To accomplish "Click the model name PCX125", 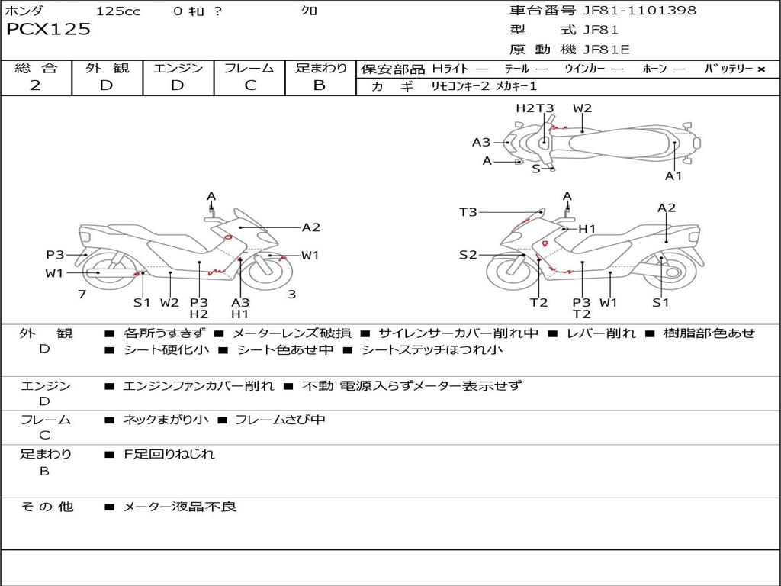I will [49, 30].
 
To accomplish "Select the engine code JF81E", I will [606, 50].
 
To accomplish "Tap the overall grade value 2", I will [35, 85].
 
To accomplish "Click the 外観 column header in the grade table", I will [107, 68].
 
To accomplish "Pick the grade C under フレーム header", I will [250, 85].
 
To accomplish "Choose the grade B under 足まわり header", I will [320, 85].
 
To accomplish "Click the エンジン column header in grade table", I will [178, 68].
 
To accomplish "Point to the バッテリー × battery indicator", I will [734, 69].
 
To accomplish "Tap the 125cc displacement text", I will [118, 11].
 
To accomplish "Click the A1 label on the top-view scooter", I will [673, 176].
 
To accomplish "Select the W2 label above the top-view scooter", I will [582, 108].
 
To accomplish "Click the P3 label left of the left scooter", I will [55, 255].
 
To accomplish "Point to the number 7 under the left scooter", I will [82, 294].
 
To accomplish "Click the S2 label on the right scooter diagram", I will [468, 255].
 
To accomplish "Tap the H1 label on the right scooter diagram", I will [587, 229].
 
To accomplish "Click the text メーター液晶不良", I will [180, 506].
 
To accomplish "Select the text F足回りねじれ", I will [169, 454].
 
